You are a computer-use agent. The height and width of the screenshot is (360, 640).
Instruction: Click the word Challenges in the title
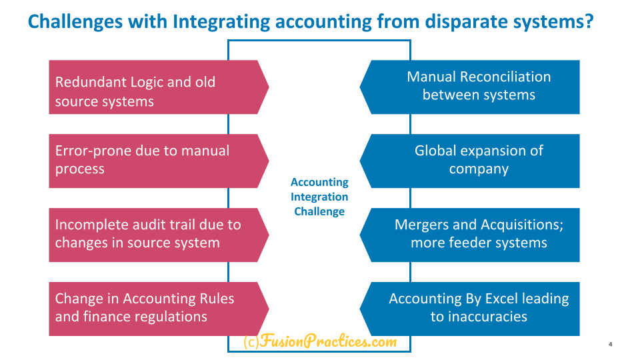point(75,22)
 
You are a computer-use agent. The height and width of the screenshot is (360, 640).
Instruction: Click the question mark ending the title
point(588,21)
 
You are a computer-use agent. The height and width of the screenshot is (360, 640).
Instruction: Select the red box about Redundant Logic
point(159,87)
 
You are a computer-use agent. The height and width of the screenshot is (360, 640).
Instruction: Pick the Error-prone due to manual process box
point(159,161)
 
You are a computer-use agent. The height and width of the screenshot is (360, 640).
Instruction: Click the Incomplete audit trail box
point(159,235)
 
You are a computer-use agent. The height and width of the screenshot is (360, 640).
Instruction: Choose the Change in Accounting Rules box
point(159,309)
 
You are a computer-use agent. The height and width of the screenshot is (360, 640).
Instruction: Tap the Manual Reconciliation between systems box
point(469,87)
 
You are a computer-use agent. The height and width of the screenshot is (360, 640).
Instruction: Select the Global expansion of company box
point(469,161)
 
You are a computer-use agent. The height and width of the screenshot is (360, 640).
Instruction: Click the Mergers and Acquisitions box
point(469,235)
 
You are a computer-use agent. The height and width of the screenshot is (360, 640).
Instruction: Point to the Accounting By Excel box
point(469,309)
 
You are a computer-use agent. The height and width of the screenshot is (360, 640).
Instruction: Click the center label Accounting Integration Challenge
point(319,197)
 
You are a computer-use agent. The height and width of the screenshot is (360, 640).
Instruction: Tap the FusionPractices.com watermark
point(320,341)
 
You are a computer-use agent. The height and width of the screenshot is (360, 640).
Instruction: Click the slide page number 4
point(610,344)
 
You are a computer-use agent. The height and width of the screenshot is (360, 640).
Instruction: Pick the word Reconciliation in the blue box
point(505,77)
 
